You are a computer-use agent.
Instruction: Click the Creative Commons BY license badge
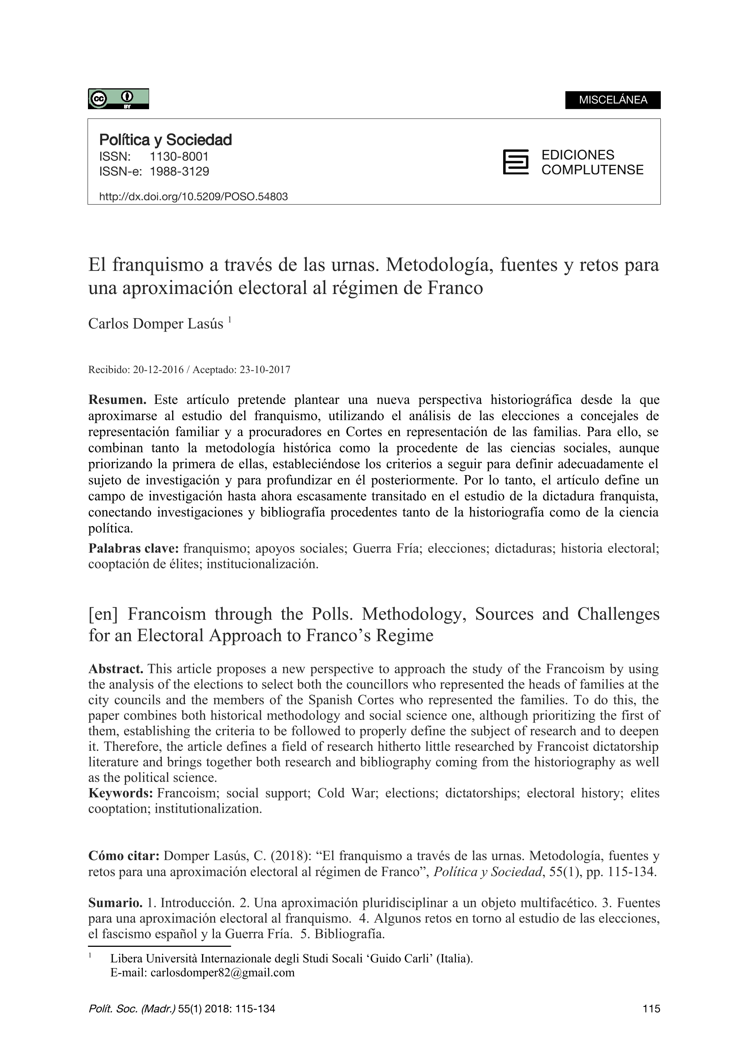coord(119,98)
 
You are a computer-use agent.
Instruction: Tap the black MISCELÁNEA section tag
coord(613,100)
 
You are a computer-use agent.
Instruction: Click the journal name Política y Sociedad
coord(165,140)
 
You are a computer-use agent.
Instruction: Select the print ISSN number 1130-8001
coord(179,156)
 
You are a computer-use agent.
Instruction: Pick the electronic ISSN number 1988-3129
coord(179,172)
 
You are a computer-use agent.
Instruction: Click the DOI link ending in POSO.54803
coord(193,197)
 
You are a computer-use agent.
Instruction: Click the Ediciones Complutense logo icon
coord(515,162)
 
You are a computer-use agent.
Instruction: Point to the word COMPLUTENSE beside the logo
coord(592,170)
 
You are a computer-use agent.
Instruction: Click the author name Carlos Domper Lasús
coord(156,324)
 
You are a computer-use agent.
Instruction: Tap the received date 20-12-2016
coord(158,370)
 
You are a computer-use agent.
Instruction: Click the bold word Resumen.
coord(117,400)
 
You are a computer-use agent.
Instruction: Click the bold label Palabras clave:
coord(133,548)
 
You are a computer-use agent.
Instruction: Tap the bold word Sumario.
coord(115,903)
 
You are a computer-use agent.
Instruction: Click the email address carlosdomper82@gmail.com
coord(222,973)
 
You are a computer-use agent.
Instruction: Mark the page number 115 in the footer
coord(651,1009)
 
